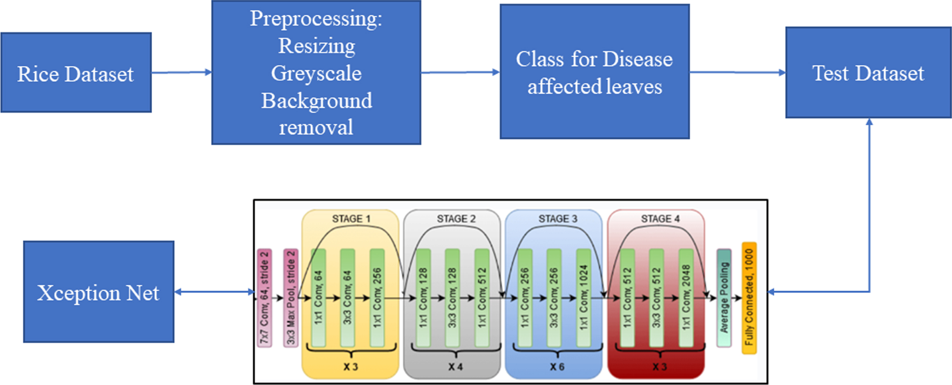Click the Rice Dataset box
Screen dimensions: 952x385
(x=76, y=73)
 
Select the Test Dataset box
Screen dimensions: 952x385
(x=868, y=73)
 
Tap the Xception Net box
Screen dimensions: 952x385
(x=99, y=292)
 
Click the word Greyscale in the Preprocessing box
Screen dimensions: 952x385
(x=316, y=73)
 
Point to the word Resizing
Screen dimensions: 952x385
(x=316, y=46)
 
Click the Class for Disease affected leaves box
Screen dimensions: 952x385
(x=595, y=71)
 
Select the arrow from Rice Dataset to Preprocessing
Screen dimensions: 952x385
(x=182, y=72)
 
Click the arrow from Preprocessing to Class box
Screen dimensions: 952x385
(x=461, y=72)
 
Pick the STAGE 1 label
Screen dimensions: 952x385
(x=351, y=219)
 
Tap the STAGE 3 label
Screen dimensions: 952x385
(x=558, y=219)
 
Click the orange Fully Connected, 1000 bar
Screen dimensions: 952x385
(x=749, y=298)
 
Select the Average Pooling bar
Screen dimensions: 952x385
(x=724, y=298)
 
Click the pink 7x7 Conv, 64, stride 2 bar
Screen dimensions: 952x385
(x=264, y=298)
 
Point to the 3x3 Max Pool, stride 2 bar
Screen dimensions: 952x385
(x=291, y=298)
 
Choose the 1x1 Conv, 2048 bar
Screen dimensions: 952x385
(x=686, y=298)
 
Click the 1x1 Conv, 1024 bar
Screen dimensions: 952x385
(x=583, y=298)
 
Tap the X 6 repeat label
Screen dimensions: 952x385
(x=557, y=367)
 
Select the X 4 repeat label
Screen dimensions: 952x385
(x=455, y=367)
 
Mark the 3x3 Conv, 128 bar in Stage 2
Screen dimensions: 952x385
(x=452, y=298)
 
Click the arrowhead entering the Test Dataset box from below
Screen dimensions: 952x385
(x=869, y=122)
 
